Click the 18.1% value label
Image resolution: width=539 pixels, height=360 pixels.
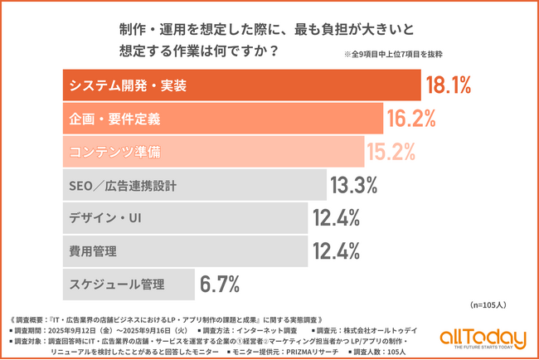[448, 85]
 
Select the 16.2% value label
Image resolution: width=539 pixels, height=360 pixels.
[410, 119]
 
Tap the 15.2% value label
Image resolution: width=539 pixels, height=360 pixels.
[392, 151]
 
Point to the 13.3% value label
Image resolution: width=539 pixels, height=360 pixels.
[355, 184]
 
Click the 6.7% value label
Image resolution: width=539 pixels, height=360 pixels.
[220, 284]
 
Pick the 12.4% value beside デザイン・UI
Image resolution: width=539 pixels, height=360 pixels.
[336, 217]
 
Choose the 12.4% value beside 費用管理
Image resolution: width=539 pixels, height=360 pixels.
[336, 250]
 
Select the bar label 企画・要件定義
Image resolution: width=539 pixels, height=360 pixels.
[113, 119]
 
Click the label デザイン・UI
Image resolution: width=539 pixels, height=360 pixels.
[103, 217]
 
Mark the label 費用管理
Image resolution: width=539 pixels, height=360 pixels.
[93, 250]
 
